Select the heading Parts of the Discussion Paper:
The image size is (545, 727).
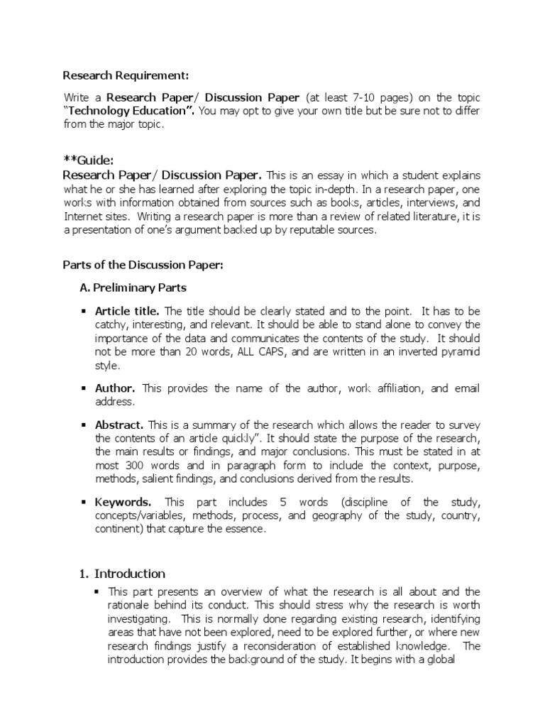point(143,265)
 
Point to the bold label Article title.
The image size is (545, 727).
point(127,312)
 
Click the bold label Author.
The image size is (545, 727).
point(115,388)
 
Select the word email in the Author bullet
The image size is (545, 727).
point(467,388)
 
